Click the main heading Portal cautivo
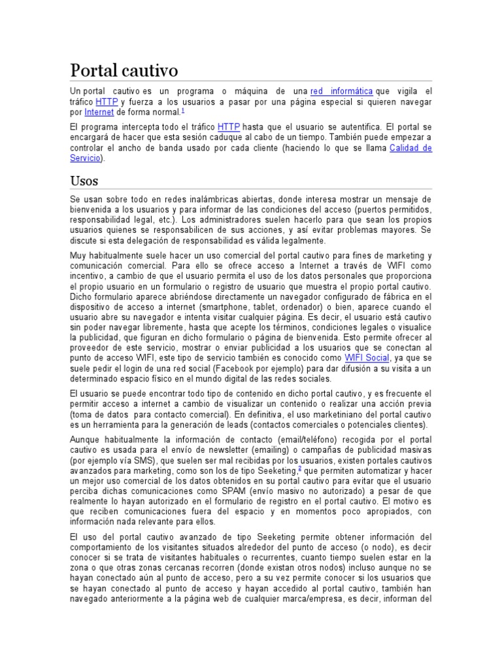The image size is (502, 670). click(124, 71)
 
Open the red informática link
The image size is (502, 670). click(341, 92)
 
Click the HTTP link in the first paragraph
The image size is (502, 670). click(107, 102)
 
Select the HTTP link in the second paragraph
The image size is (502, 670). click(229, 126)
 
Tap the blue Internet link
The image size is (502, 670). click(99, 113)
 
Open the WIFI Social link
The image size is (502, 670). click(367, 359)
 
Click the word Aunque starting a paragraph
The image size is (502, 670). click(87, 439)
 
